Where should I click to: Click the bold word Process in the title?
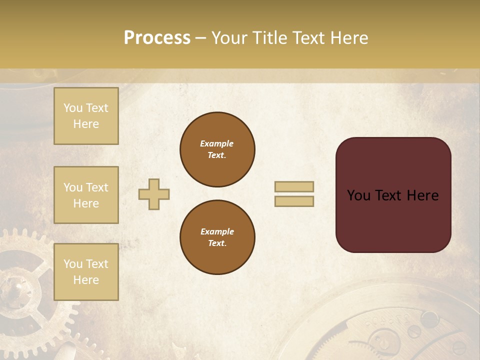coord(157,38)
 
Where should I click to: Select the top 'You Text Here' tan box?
coord(86,116)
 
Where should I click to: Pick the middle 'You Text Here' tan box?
coord(86,195)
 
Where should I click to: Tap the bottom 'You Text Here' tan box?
coord(86,271)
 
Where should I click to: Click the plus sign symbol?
coord(154,194)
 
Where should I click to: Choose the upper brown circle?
coord(217,149)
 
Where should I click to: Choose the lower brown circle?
coord(217,237)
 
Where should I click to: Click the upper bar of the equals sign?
coord(294,187)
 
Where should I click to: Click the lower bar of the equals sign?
coord(294,201)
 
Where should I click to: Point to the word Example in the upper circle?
coord(217,143)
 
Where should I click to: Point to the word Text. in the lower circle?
coord(217,243)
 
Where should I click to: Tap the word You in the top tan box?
coord(72,108)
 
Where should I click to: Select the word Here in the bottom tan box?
coord(86,280)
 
